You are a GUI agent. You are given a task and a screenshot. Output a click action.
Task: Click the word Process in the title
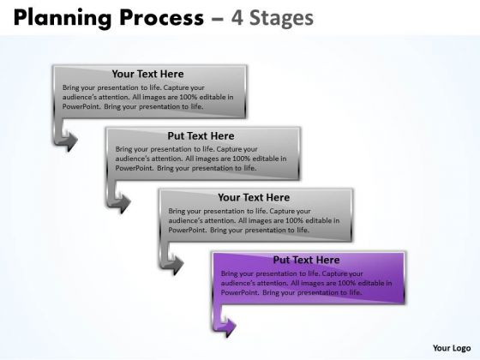coord(162,18)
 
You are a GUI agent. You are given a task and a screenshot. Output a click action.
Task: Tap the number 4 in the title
coord(237,18)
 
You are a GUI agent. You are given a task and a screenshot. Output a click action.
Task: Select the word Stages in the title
coord(282,19)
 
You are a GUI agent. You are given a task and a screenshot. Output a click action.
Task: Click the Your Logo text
coord(452,348)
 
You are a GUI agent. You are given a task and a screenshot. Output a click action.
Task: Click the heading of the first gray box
coord(147,74)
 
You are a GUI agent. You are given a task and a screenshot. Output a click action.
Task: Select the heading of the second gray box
coord(201,135)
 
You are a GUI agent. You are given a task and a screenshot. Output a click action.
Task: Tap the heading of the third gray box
coord(254,197)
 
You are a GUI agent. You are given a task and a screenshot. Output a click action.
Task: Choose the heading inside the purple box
coord(307,260)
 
